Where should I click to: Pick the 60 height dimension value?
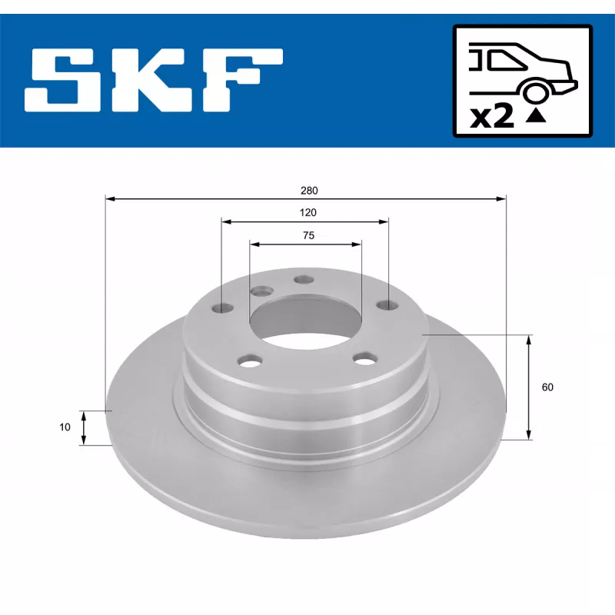tap(547, 387)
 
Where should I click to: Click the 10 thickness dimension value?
tap(65, 427)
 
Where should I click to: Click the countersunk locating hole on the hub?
tap(262, 291)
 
